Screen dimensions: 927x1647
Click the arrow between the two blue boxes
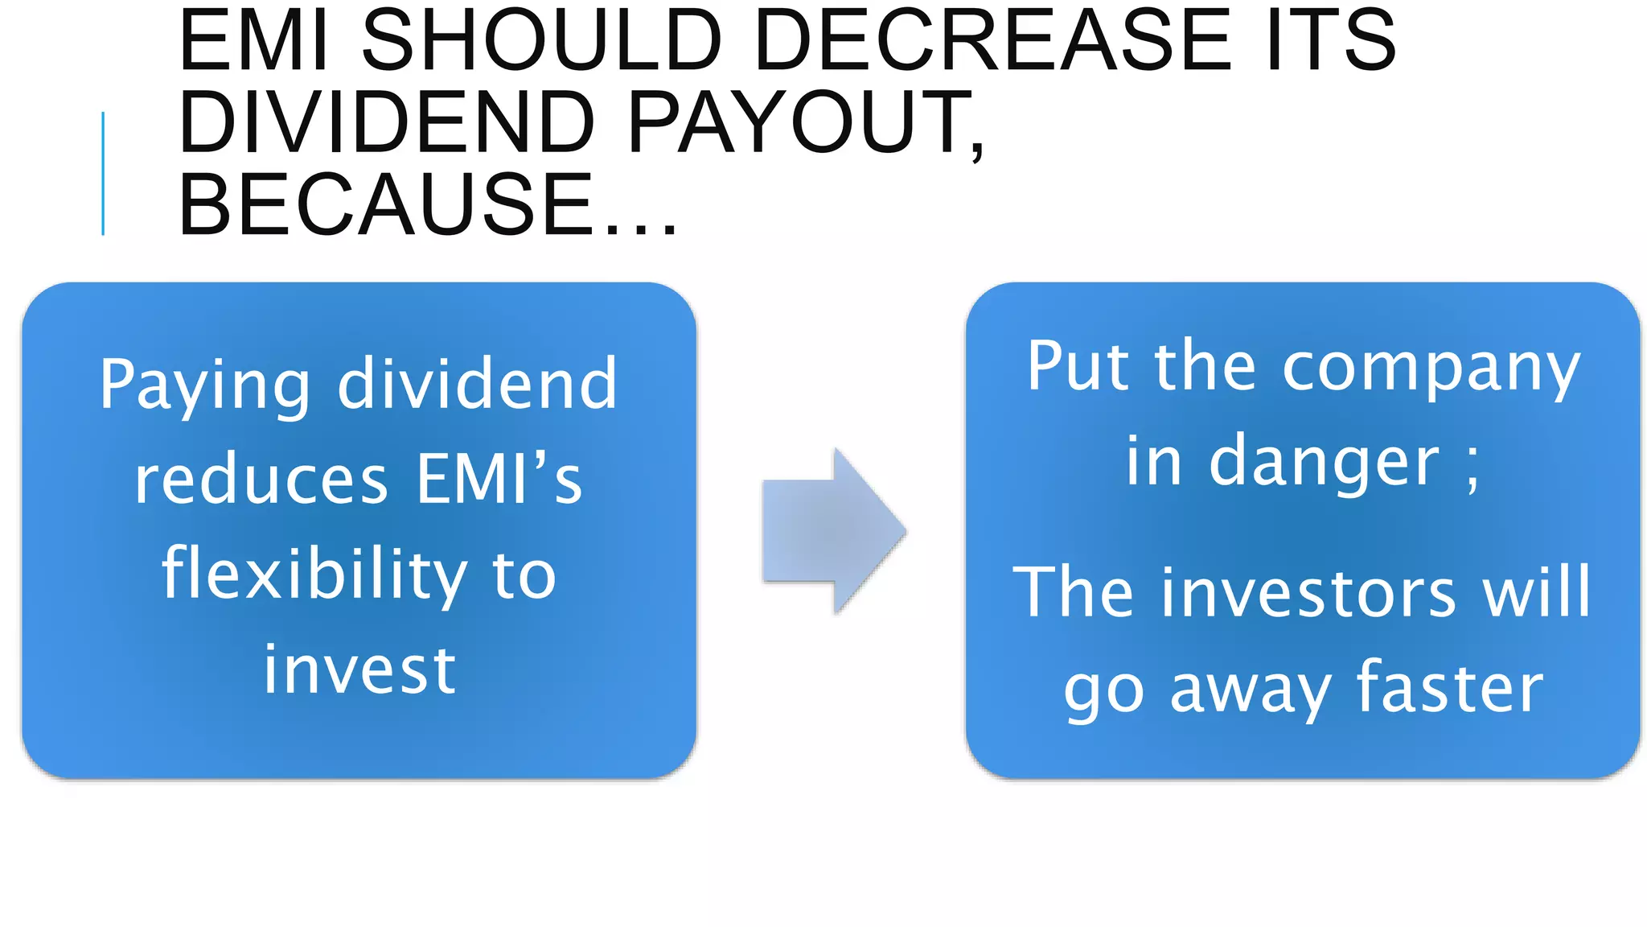coord(833,531)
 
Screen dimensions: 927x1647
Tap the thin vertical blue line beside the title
coord(103,173)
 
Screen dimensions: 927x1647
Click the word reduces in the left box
coord(261,480)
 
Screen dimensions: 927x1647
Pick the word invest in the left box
coord(359,669)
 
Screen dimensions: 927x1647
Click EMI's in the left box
coord(499,479)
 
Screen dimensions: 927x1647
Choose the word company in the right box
coord(1431,369)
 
